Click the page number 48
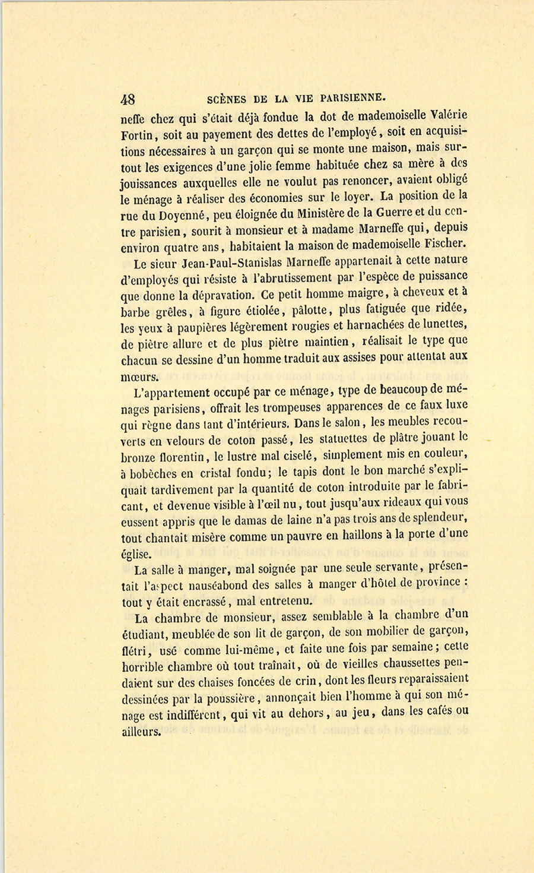coord(128,99)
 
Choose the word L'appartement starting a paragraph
coord(171,392)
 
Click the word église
coord(135,555)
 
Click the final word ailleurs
coord(141,732)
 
